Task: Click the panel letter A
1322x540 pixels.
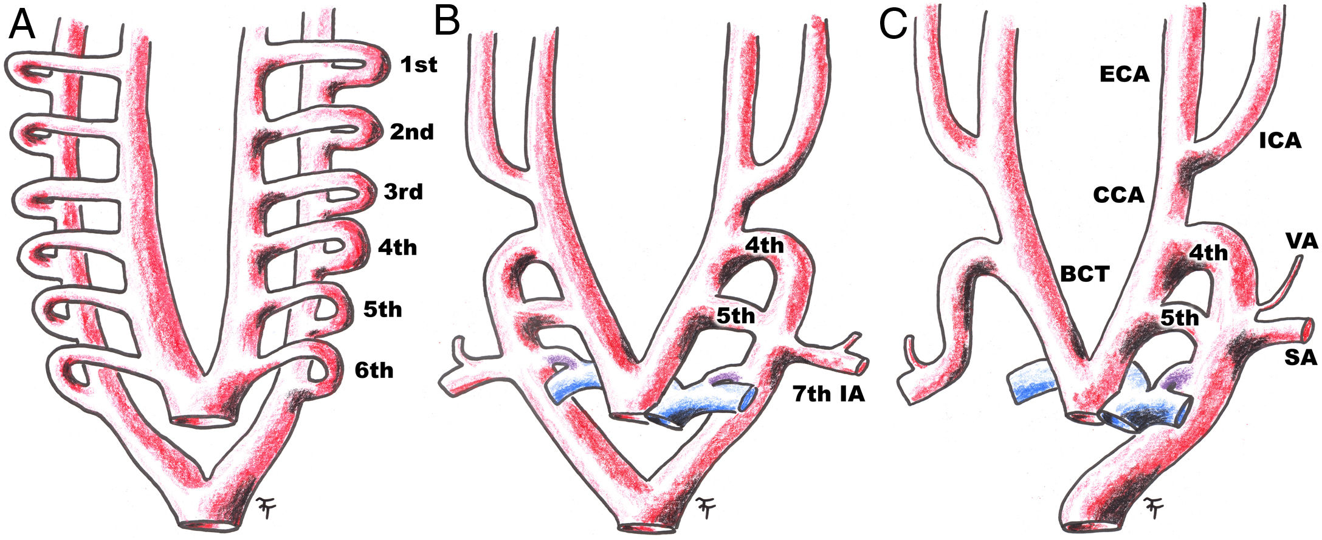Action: (22, 26)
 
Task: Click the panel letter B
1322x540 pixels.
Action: (447, 22)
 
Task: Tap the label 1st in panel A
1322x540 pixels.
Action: (418, 64)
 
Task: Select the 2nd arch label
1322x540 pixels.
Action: (411, 132)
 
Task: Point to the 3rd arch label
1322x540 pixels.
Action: (403, 192)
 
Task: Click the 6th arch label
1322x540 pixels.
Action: (374, 370)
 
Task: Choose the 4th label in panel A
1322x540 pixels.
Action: (397, 248)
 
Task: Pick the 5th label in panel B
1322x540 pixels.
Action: (735, 316)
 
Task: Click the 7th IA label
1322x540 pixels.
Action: (828, 394)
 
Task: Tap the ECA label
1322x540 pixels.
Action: (1124, 75)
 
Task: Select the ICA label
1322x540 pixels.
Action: (1280, 141)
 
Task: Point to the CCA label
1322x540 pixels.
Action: (1118, 196)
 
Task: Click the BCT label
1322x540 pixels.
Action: (1085, 275)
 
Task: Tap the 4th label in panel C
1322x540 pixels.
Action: (1208, 252)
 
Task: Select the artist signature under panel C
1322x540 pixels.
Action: (1152, 506)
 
